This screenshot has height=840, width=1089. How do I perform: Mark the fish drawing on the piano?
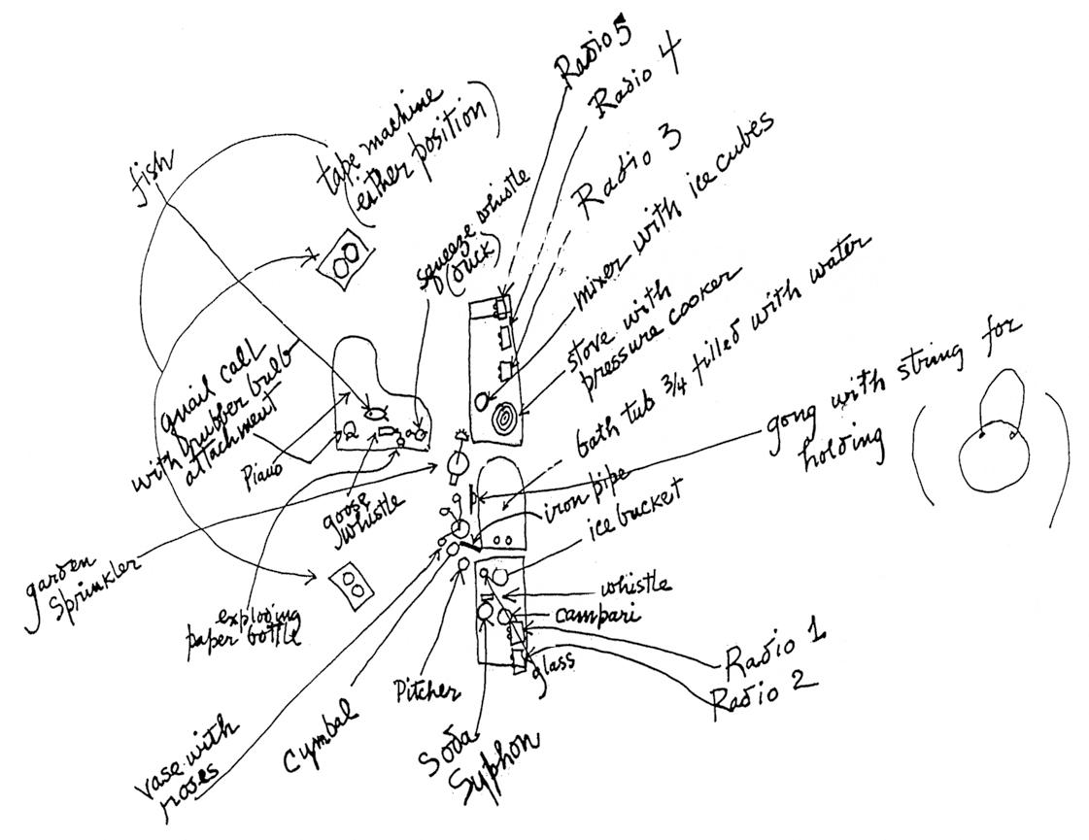[x=374, y=412]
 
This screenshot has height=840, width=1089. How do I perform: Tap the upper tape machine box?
[x=346, y=257]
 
